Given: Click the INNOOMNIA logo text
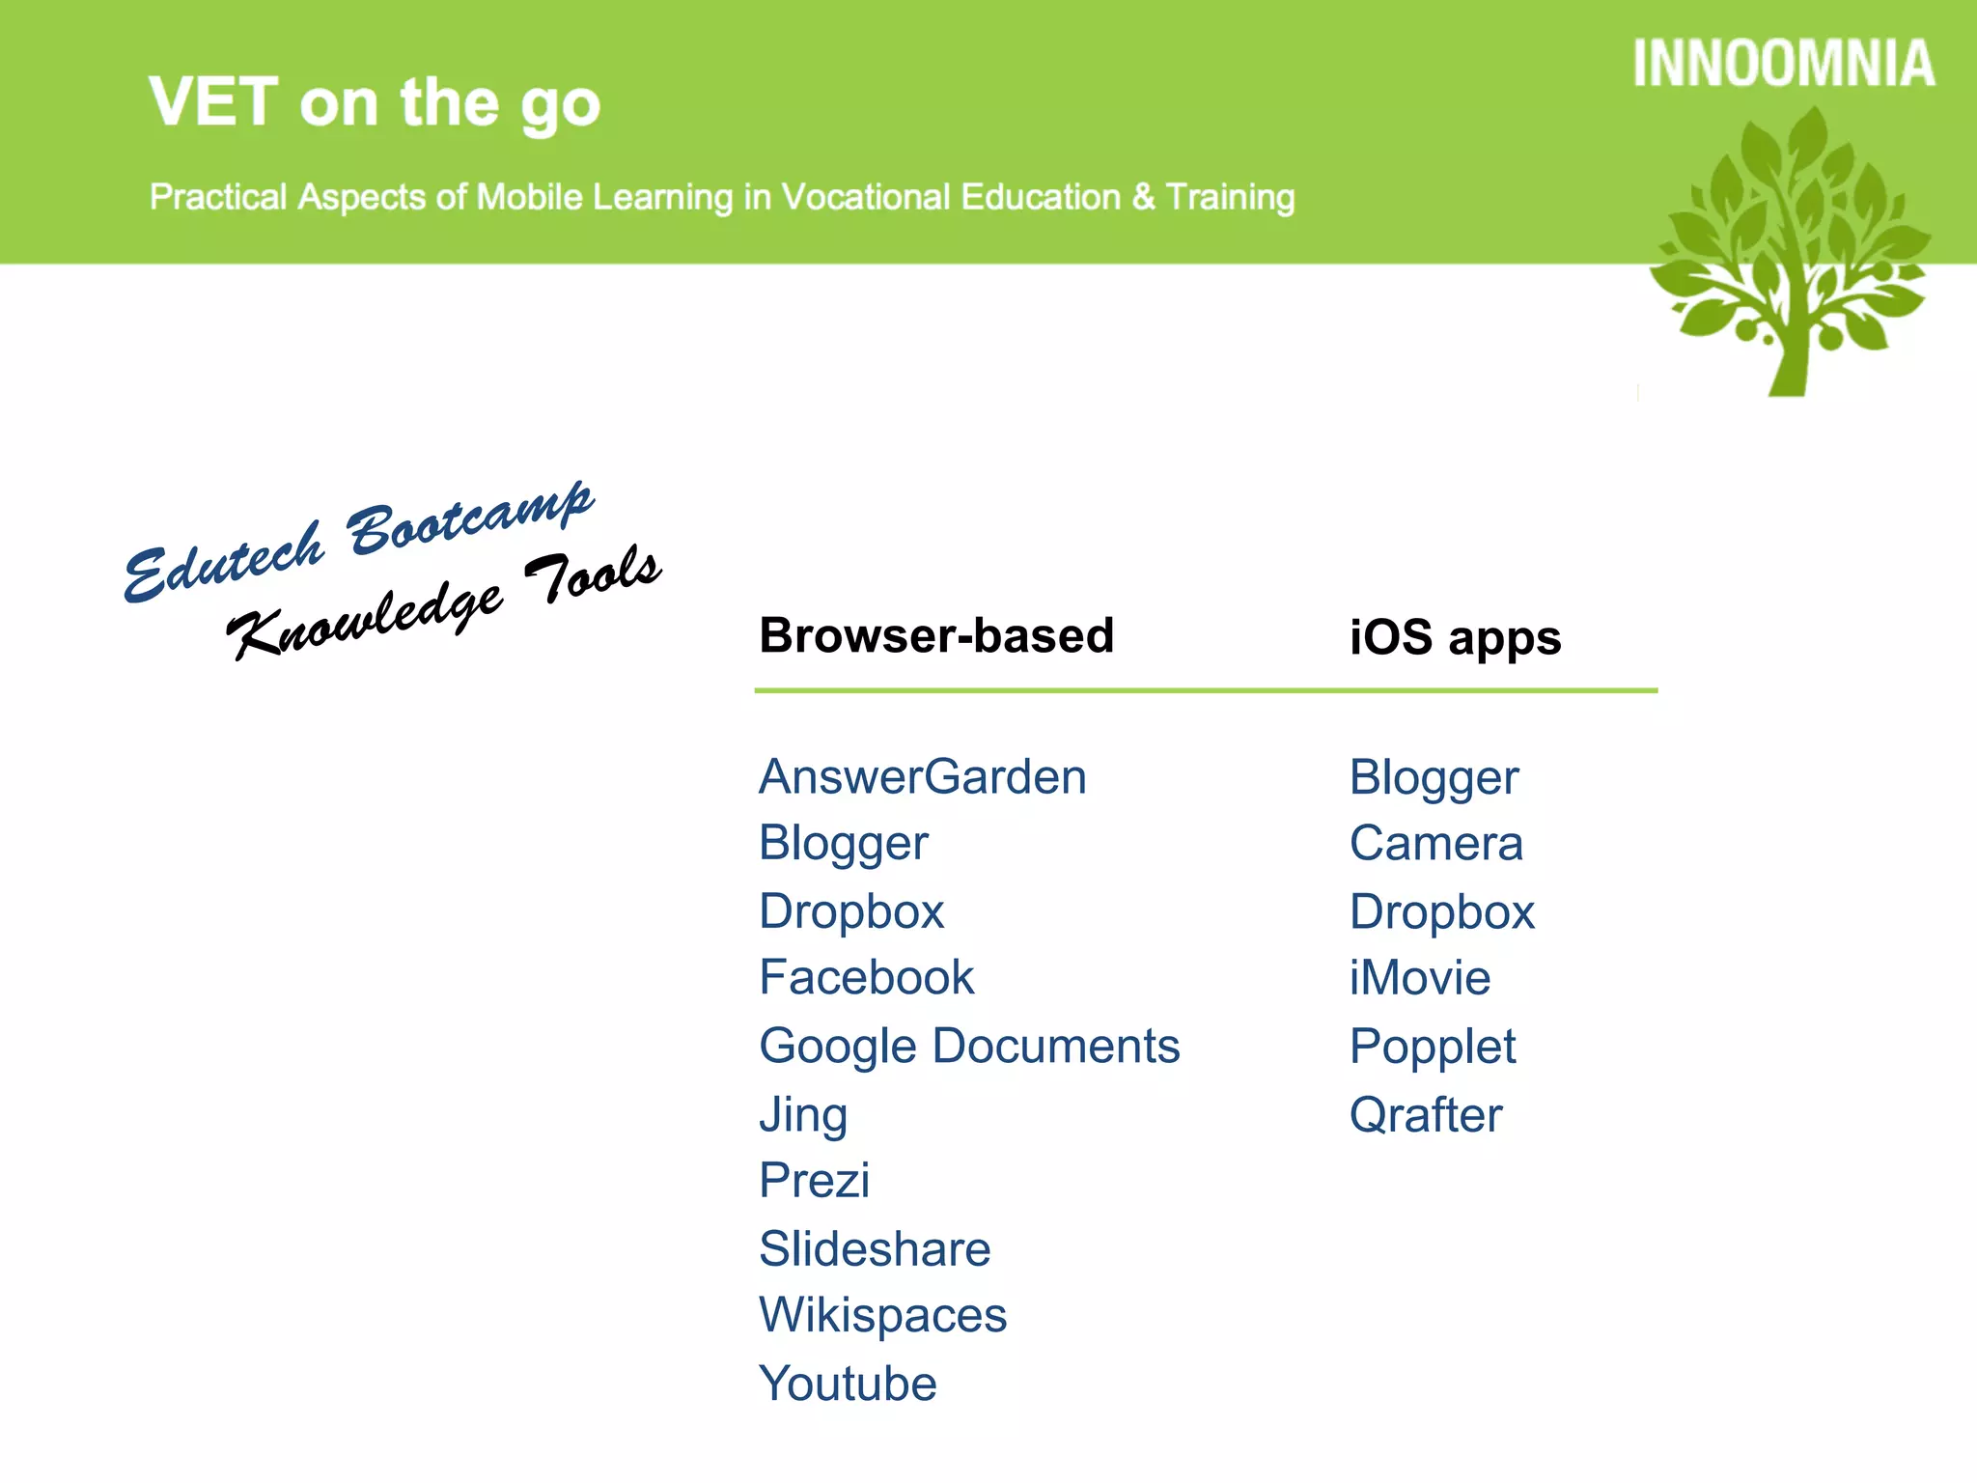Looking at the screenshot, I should [x=1783, y=65].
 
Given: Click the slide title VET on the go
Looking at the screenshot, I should [x=375, y=102].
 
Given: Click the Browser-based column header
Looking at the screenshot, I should [x=936, y=635].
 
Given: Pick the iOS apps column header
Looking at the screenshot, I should [x=1455, y=637].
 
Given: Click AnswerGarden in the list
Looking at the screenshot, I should [x=922, y=776].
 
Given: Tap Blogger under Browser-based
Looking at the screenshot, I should [x=843, y=844].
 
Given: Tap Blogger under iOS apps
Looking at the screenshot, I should [x=1434, y=778].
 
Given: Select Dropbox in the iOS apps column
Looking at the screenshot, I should [x=1441, y=911].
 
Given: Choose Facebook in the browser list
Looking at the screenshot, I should [x=866, y=977].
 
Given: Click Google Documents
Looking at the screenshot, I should [x=969, y=1046].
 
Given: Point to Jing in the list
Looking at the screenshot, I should [x=803, y=1114].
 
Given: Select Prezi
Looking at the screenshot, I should [x=814, y=1180].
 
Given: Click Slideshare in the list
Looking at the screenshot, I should [x=875, y=1248].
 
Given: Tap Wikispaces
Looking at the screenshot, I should [x=882, y=1315].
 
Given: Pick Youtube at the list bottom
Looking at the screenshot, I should [x=848, y=1383].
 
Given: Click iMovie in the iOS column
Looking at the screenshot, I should [x=1419, y=977].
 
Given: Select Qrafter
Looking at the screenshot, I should [x=1426, y=1114].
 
